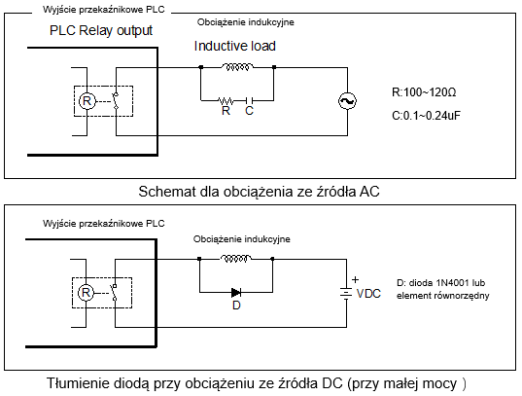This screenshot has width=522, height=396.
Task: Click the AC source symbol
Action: [347, 101]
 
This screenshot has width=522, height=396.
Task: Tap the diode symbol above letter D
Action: [236, 293]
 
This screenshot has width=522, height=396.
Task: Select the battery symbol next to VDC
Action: [346, 293]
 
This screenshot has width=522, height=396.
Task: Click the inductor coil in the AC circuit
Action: [237, 67]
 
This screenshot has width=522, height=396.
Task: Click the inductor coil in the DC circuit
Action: [235, 259]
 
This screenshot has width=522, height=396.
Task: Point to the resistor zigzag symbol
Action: [226, 100]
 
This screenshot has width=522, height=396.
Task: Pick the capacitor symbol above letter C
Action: [250, 100]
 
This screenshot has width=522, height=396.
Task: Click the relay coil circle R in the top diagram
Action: [87, 101]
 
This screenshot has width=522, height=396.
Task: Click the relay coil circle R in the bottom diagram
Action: [86, 293]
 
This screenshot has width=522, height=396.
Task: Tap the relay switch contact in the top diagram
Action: [116, 101]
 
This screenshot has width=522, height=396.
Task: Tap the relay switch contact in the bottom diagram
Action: [114, 292]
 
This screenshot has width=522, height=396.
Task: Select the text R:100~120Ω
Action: [424, 92]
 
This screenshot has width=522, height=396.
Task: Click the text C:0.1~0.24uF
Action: [426, 116]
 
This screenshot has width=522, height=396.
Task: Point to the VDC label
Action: [368, 294]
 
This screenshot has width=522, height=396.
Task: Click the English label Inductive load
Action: [234, 46]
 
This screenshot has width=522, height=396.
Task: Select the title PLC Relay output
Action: [101, 30]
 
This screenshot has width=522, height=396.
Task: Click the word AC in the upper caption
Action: [369, 192]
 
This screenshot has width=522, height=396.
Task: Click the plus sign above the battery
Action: [355, 279]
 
